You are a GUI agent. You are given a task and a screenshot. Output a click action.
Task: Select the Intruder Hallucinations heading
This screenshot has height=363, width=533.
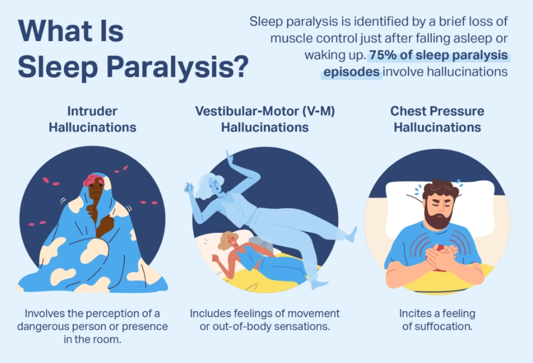pyautogui.click(x=92, y=119)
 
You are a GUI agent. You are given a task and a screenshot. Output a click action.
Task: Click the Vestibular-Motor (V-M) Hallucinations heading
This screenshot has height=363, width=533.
pyautogui.click(x=264, y=119)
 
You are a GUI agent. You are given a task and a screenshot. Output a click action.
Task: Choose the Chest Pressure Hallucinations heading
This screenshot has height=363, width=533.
pyautogui.click(x=437, y=119)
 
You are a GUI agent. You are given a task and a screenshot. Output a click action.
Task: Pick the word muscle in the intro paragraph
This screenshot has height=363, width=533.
pyautogui.click(x=289, y=39)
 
